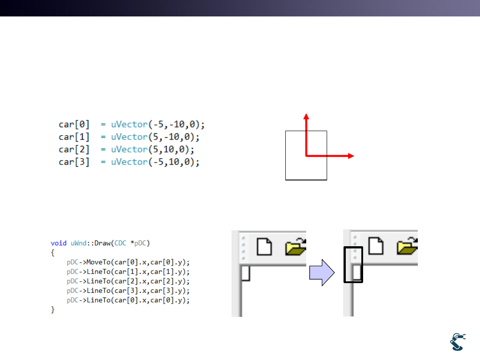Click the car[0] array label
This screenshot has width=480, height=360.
tap(74, 124)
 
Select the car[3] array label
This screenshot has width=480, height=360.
tap(74, 162)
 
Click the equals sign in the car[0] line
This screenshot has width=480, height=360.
tap(103, 124)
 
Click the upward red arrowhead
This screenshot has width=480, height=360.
tap(306, 116)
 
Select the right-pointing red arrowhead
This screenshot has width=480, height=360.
tap(351, 156)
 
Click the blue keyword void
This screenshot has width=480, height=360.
tap(59, 243)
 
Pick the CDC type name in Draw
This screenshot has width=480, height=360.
tap(120, 243)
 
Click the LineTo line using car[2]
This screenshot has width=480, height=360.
tap(128, 281)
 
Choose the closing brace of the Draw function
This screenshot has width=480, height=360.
tap(52, 309)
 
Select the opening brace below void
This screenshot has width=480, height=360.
tap(52, 252)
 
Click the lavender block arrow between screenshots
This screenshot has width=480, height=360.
tap(322, 272)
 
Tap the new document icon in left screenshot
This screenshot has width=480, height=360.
tap(264, 246)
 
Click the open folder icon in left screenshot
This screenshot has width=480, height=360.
tap(296, 247)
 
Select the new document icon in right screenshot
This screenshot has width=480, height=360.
tap(376, 246)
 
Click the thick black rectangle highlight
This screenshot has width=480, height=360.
tap(353, 264)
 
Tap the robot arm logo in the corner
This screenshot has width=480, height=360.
tap(458, 342)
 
